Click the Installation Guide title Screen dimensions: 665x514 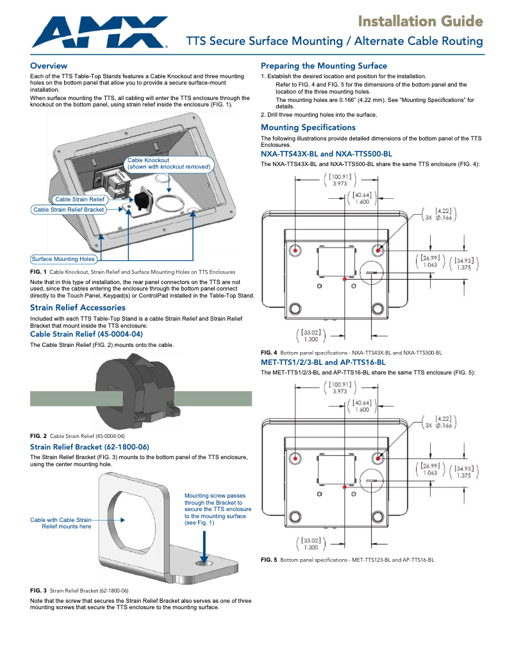coord(420,22)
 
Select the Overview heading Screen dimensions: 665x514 coord(49,66)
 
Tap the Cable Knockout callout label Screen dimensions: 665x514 coord(169,164)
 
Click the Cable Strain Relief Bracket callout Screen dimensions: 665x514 coord(69,210)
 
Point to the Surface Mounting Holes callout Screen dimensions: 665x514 coord(63,259)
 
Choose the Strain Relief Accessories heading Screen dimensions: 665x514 coord(78,308)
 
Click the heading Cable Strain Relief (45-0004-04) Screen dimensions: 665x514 coord(86,334)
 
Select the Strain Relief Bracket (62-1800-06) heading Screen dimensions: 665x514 coord(90,446)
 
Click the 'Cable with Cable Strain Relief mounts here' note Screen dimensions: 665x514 coord(61,523)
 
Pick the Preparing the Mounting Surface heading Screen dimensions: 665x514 coord(324,66)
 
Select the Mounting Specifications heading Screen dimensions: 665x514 coord(308,128)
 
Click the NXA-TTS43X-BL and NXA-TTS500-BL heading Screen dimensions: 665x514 coord(326,154)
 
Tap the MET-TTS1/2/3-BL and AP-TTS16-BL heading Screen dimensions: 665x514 coord(323,362)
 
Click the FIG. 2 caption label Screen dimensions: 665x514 coord(39,436)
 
